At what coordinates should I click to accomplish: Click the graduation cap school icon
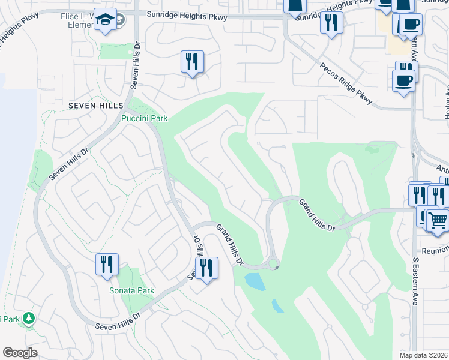click(x=106, y=22)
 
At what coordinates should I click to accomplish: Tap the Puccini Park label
click(x=145, y=118)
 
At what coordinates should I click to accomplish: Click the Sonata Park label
click(x=131, y=290)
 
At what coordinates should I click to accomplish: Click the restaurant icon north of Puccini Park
click(x=192, y=62)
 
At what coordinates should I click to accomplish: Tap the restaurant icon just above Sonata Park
click(x=107, y=265)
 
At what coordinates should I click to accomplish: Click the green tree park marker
click(x=28, y=319)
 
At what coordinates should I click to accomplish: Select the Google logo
click(x=20, y=352)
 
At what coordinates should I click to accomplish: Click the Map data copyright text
click(x=424, y=355)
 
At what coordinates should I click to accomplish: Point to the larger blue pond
click(x=255, y=281)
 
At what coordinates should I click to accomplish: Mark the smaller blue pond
click(x=277, y=306)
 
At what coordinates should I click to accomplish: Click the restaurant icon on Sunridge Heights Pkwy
click(x=331, y=23)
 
